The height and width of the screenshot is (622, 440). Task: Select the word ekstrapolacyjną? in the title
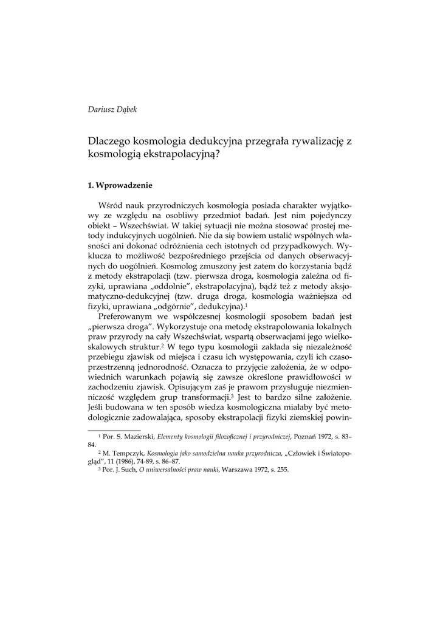point(186,154)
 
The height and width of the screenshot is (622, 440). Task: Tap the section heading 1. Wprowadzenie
point(120,185)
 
